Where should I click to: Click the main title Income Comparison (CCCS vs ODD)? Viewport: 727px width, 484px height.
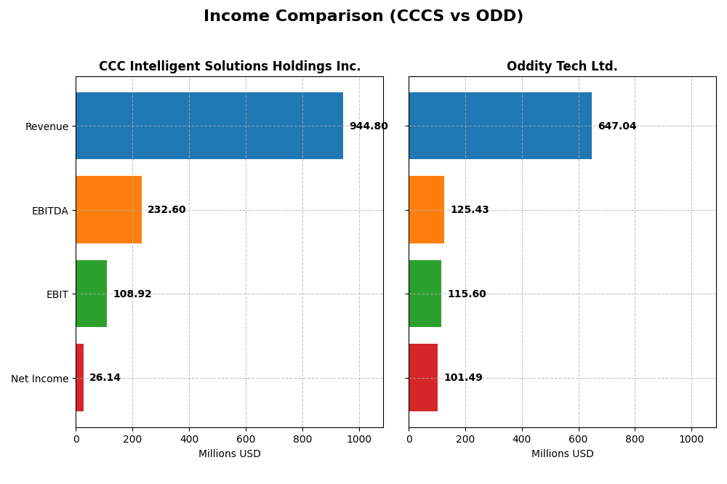coord(363,17)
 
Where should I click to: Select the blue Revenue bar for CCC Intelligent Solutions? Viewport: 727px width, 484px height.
coord(209,126)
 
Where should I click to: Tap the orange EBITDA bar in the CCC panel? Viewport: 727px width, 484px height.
coord(108,210)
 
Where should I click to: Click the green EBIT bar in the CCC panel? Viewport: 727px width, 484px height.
coord(92,294)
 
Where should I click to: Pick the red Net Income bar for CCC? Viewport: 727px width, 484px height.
coord(80,378)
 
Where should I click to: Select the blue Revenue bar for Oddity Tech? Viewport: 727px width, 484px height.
coord(500,126)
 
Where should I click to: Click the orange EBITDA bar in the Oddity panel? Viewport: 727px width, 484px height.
coord(427,210)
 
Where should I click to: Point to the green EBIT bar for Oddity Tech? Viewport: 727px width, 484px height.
coord(425,294)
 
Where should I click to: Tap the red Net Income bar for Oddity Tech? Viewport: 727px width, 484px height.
coord(423,378)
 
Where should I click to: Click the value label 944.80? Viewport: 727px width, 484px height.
coord(369,126)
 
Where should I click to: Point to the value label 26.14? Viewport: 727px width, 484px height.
coord(105,378)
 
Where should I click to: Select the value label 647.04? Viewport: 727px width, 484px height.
coord(617,126)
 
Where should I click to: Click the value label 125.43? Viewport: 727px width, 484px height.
coord(470,210)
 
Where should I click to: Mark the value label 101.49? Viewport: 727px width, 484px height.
coord(463,378)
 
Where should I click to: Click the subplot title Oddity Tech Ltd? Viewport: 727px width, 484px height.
coord(562,67)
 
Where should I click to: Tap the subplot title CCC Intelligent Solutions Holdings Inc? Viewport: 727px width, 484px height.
coord(230,67)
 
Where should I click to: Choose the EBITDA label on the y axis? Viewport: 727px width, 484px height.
coord(50,211)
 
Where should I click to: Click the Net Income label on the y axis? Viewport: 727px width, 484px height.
coord(40,379)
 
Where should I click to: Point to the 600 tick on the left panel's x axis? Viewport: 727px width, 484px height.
coord(246,439)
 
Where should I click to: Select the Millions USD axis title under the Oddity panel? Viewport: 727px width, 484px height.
coord(562,454)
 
